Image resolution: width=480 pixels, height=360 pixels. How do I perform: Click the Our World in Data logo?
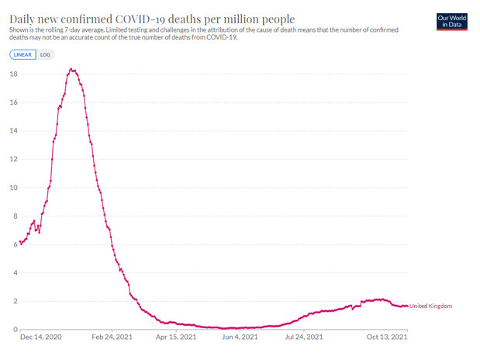pyautogui.click(x=452, y=21)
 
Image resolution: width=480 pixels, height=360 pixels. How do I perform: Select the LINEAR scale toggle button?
pyautogui.click(x=22, y=55)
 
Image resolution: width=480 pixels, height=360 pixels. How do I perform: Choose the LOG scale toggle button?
pyautogui.click(x=45, y=55)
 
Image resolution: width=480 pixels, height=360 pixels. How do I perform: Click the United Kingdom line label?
pyautogui.click(x=430, y=306)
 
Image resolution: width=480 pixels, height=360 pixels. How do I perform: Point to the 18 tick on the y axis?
pyautogui.click(x=13, y=74)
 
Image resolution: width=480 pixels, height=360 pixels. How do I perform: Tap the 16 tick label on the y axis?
pyautogui.click(x=13, y=102)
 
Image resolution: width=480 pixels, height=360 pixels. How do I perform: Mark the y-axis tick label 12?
pyautogui.click(x=13, y=159)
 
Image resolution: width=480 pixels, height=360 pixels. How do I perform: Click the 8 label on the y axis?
pyautogui.click(x=16, y=216)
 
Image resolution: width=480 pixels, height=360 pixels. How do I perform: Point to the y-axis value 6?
pyautogui.click(x=16, y=244)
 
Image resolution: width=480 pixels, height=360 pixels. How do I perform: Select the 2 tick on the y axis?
pyautogui.click(x=16, y=301)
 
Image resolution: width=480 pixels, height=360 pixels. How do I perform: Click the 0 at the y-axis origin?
pyautogui.click(x=16, y=330)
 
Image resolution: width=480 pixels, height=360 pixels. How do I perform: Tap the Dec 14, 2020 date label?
pyautogui.click(x=40, y=337)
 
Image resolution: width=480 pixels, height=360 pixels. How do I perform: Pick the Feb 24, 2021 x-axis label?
pyautogui.click(x=113, y=337)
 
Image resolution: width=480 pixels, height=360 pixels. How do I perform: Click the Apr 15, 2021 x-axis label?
pyautogui.click(x=178, y=337)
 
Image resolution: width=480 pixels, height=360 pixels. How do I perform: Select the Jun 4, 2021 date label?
pyautogui.click(x=240, y=337)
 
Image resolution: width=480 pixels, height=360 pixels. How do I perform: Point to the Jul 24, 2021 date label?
pyautogui.click(x=303, y=337)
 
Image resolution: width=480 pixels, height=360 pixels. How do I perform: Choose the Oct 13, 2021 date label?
pyautogui.click(x=387, y=337)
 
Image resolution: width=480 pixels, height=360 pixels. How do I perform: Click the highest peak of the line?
pyautogui.click(x=72, y=70)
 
